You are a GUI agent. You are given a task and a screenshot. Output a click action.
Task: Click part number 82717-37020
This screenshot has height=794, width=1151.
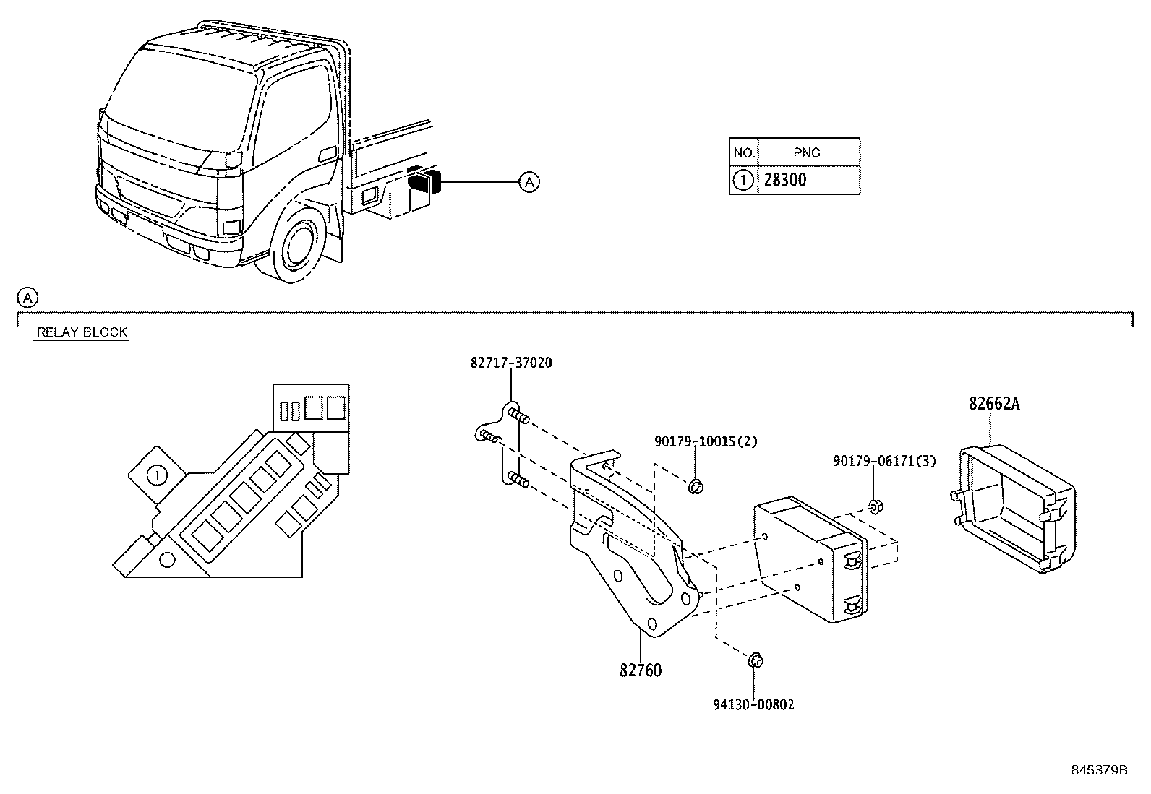510,363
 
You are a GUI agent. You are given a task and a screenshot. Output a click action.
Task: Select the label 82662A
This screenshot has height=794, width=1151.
994,404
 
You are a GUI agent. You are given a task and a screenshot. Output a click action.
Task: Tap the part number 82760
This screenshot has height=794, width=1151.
640,670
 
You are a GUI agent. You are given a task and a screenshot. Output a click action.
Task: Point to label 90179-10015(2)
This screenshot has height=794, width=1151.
706,441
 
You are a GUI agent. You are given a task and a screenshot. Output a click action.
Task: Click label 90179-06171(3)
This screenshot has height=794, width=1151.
883,461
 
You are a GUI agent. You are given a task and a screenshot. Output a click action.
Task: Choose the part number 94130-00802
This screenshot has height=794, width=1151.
753,704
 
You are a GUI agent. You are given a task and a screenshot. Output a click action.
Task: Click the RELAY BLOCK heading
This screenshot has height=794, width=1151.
82,332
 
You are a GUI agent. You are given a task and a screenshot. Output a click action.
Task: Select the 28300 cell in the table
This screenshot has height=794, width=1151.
785,180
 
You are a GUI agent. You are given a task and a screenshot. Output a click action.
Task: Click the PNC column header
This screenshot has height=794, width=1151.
806,153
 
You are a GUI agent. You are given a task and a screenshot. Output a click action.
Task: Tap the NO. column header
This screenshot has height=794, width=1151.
743,153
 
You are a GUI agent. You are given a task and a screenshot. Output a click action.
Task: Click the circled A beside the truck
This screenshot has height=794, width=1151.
529,182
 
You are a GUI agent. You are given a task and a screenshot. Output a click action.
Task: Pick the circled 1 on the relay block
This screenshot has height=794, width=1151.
155,475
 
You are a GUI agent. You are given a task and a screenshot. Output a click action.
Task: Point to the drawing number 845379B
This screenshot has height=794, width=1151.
1099,769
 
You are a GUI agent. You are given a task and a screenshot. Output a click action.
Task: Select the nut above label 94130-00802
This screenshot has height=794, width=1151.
754,660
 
